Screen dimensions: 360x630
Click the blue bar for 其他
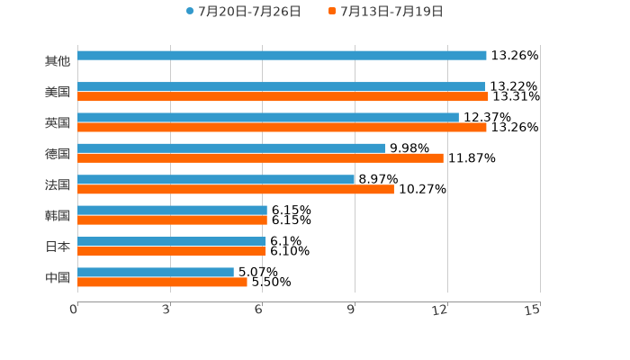282,56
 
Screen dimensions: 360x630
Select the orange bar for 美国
283,96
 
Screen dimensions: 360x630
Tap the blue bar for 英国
268,117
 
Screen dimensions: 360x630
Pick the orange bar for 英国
282,127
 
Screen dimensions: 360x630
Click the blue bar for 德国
231,148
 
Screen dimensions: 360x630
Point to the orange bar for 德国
260,158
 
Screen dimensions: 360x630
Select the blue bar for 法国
216,179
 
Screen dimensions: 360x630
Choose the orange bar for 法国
236,189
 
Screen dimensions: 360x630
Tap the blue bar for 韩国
172,210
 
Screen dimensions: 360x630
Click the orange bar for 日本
172,251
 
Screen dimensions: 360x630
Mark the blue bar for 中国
156,272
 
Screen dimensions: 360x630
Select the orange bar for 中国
162,282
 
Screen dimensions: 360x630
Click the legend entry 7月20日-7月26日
243,12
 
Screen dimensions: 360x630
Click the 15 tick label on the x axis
532,310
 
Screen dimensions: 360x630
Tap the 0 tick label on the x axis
74,310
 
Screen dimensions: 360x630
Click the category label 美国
58,92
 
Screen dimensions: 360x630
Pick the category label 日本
58,246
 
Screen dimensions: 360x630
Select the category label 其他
58,61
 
